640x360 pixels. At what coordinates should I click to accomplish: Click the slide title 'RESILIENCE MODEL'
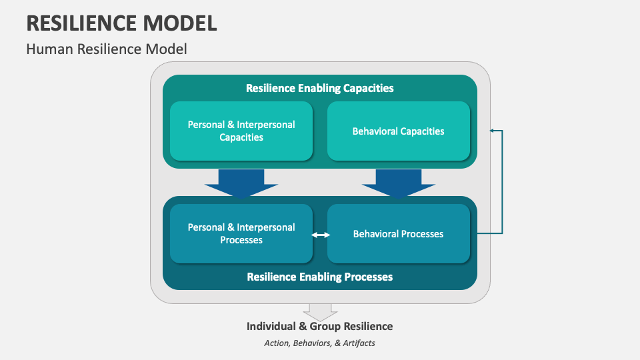tap(121, 23)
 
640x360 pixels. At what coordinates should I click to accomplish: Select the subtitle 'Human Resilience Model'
tap(107, 49)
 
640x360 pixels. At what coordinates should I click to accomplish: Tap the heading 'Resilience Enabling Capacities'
tap(319, 88)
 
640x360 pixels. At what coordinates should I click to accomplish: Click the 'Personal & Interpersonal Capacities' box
tap(241, 131)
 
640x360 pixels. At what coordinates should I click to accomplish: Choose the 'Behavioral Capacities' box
tap(398, 131)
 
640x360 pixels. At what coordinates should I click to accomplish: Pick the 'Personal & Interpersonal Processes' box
tap(241, 233)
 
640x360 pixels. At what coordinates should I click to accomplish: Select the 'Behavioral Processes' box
tap(398, 233)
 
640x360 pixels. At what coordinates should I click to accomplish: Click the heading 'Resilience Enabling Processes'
tap(319, 276)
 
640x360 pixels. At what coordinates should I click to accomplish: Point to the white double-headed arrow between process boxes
tap(321, 234)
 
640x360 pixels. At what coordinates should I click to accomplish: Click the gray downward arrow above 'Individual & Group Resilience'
tap(320, 311)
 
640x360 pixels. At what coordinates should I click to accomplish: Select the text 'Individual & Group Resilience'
tap(319, 326)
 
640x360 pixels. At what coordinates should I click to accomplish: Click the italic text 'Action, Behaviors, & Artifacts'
tap(319, 343)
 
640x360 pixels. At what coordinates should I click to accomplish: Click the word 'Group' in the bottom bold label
tap(316, 326)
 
